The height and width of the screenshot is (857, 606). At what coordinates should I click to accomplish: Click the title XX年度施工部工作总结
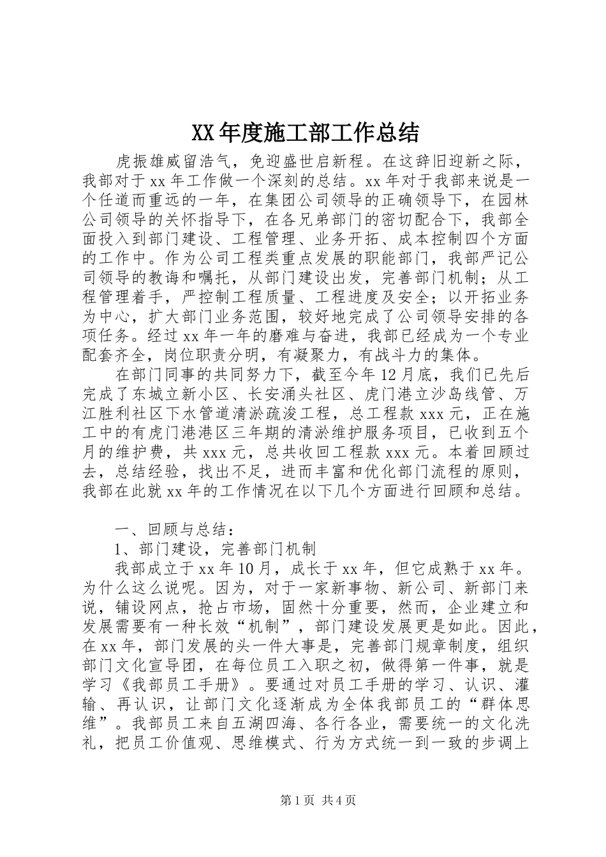(305, 133)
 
